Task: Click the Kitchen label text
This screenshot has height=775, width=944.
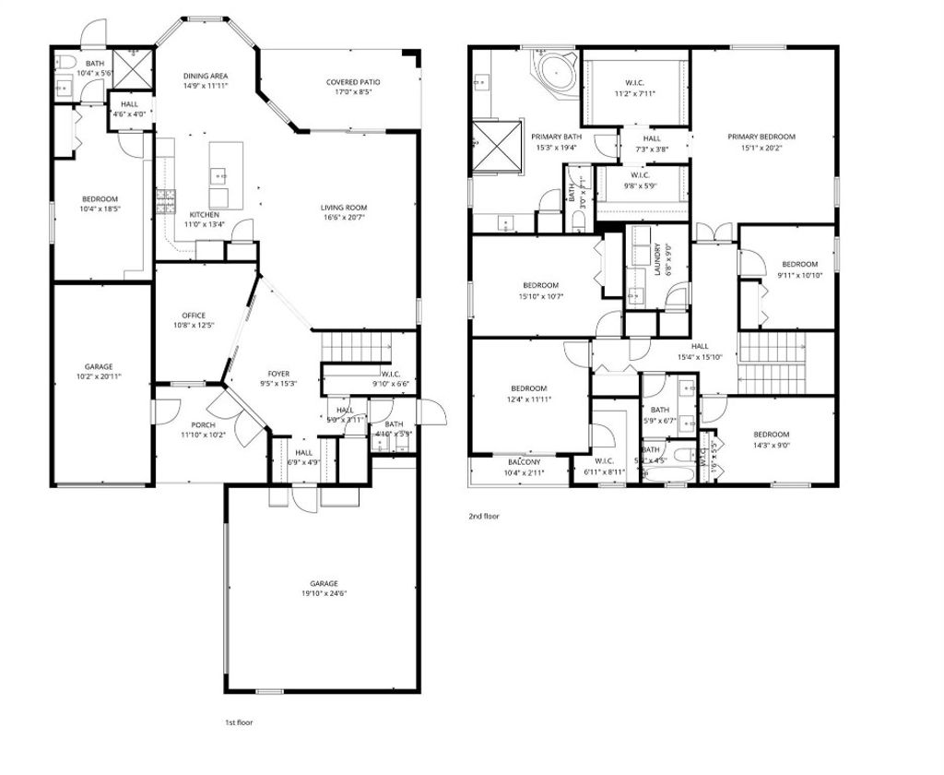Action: pos(204,215)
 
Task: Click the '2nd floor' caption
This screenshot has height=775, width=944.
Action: pos(484,517)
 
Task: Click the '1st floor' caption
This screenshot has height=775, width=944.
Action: pos(239,722)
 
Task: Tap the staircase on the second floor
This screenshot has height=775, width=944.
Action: pos(773,349)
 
